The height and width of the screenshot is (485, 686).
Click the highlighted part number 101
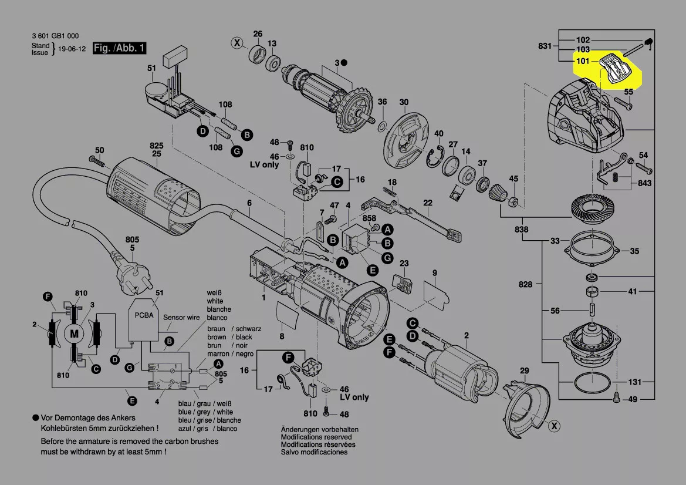583,60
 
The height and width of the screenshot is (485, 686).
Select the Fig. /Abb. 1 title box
120,48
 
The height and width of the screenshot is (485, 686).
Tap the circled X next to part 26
236,42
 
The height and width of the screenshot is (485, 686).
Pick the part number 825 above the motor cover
156,145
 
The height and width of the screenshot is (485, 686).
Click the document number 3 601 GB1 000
55,36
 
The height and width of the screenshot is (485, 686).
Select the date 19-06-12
71,49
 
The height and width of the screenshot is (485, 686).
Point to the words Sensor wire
182,317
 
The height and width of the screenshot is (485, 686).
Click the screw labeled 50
96,160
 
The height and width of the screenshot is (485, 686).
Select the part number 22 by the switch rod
428,203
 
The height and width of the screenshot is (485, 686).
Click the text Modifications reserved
316,437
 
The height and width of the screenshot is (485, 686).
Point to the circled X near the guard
553,427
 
